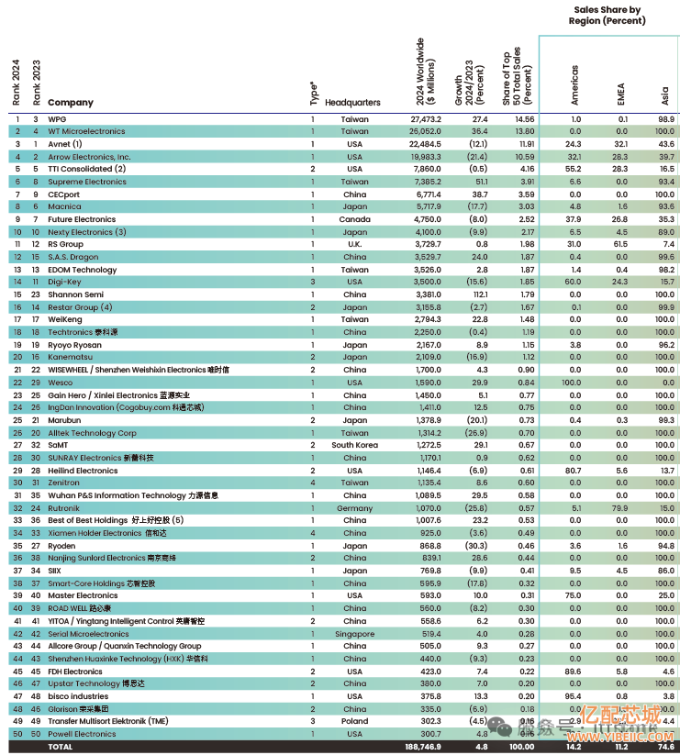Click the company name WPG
pos(57,119)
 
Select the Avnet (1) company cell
pos(65,144)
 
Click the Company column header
pos(70,103)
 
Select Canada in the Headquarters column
pos(355,219)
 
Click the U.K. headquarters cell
pos(355,245)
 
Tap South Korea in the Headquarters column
pos(355,445)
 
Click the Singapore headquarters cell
pos(355,634)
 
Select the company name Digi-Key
pos(65,283)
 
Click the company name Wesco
pos(61,383)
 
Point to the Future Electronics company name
pos(83,219)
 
